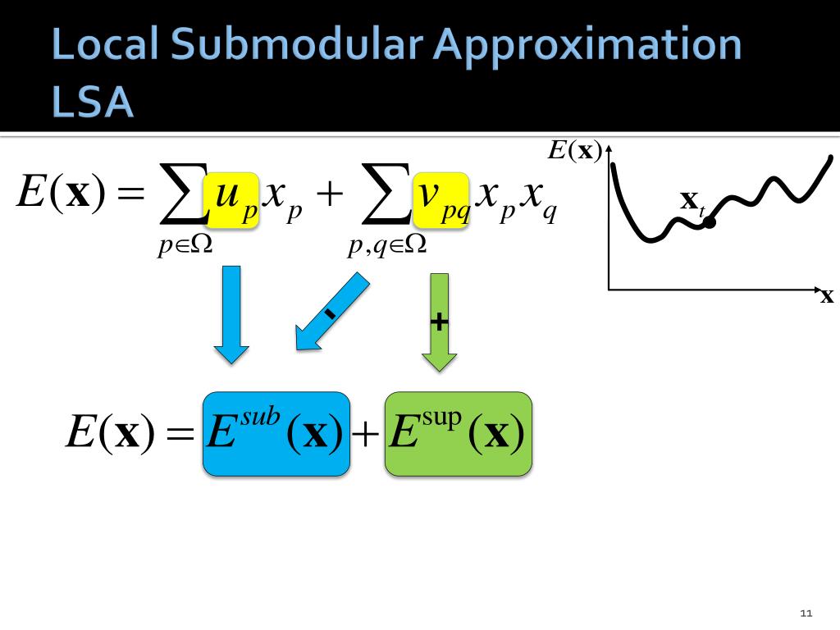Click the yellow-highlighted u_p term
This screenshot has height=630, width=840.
click(x=232, y=199)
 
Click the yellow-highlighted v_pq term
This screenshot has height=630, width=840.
click(x=441, y=199)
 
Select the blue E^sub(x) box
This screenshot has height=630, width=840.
click(x=276, y=434)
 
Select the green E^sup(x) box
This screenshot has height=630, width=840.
click(x=458, y=434)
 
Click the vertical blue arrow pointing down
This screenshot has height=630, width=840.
click(x=231, y=313)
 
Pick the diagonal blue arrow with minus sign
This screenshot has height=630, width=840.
click(x=330, y=313)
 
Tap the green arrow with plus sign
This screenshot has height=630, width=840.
click(x=440, y=321)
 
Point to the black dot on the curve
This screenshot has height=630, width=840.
click(x=710, y=221)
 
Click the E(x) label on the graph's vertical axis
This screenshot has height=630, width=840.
click(x=574, y=150)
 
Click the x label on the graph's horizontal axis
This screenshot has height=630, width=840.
click(x=827, y=297)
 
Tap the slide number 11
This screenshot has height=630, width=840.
click(x=805, y=614)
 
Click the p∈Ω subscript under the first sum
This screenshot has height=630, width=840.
click(x=185, y=245)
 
